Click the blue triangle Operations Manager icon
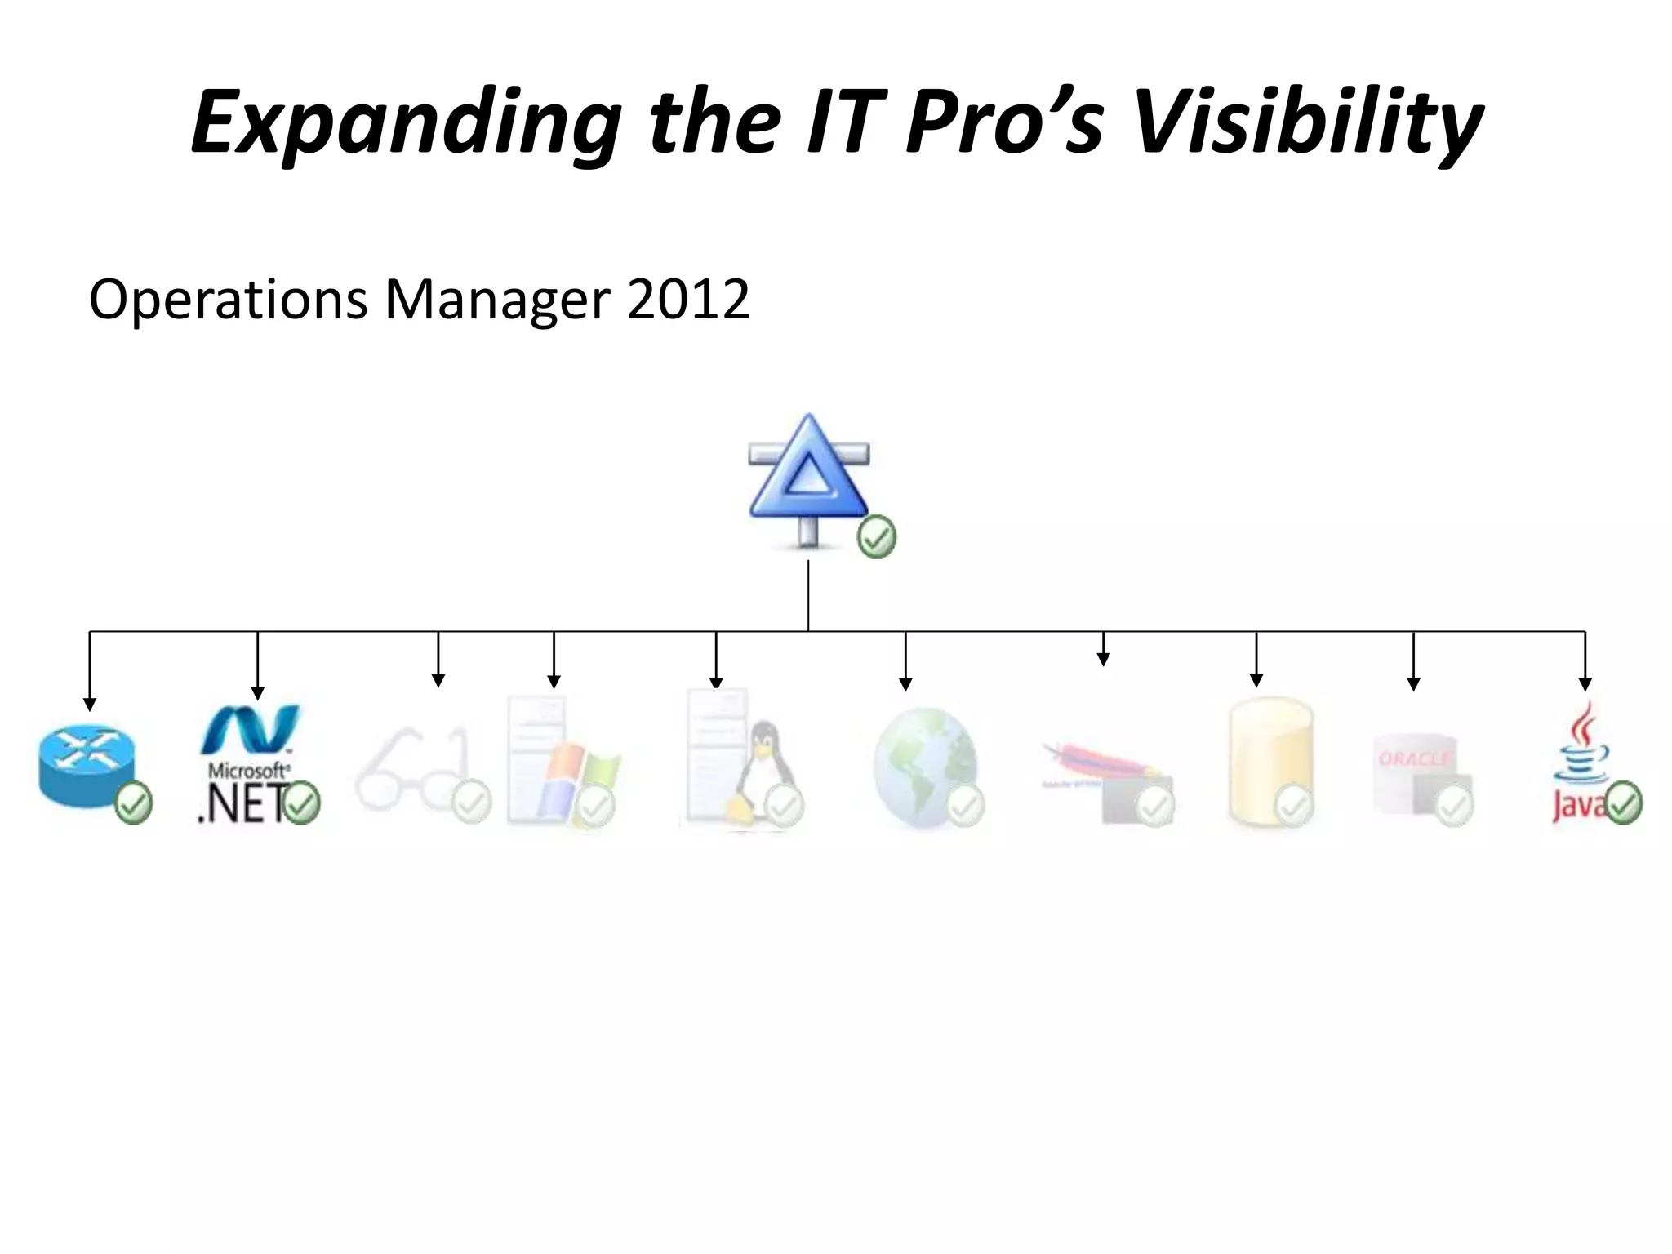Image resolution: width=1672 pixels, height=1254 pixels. [808, 478]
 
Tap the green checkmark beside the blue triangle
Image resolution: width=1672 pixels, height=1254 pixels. [877, 537]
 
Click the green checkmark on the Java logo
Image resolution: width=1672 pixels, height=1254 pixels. [1624, 803]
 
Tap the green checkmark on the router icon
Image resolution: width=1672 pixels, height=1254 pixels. [133, 803]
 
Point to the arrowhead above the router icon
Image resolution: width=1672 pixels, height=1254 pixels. [90, 704]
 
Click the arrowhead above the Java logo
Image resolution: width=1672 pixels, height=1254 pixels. [1585, 684]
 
